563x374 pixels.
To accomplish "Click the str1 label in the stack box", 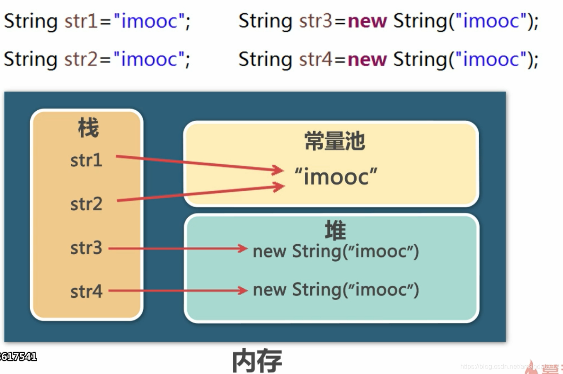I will click(x=86, y=160).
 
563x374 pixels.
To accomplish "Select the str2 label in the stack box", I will click(x=86, y=204).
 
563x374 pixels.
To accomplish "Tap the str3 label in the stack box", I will click(x=86, y=248).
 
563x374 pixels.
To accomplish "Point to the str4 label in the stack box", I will click(x=86, y=291).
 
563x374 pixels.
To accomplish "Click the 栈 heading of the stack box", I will click(x=88, y=128).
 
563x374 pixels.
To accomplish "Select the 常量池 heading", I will click(x=334, y=141).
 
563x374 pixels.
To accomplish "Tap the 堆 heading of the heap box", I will click(x=335, y=230).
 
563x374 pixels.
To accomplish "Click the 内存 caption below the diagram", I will click(x=257, y=361).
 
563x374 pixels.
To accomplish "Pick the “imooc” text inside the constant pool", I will click(x=336, y=177).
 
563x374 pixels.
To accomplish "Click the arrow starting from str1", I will click(x=199, y=163).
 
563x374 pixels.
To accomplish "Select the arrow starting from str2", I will click(x=199, y=194).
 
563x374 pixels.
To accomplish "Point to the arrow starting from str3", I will click(x=178, y=249).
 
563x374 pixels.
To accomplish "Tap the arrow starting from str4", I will click(x=178, y=291).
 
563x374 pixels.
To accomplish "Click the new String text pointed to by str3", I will click(x=336, y=251).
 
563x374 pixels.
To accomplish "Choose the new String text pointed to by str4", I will click(x=336, y=290).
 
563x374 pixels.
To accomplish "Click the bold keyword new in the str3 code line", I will click(x=367, y=21).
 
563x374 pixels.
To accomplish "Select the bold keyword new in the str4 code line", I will click(x=367, y=59).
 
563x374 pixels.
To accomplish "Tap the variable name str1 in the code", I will click(x=81, y=21).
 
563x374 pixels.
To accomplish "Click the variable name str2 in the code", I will click(x=81, y=59).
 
